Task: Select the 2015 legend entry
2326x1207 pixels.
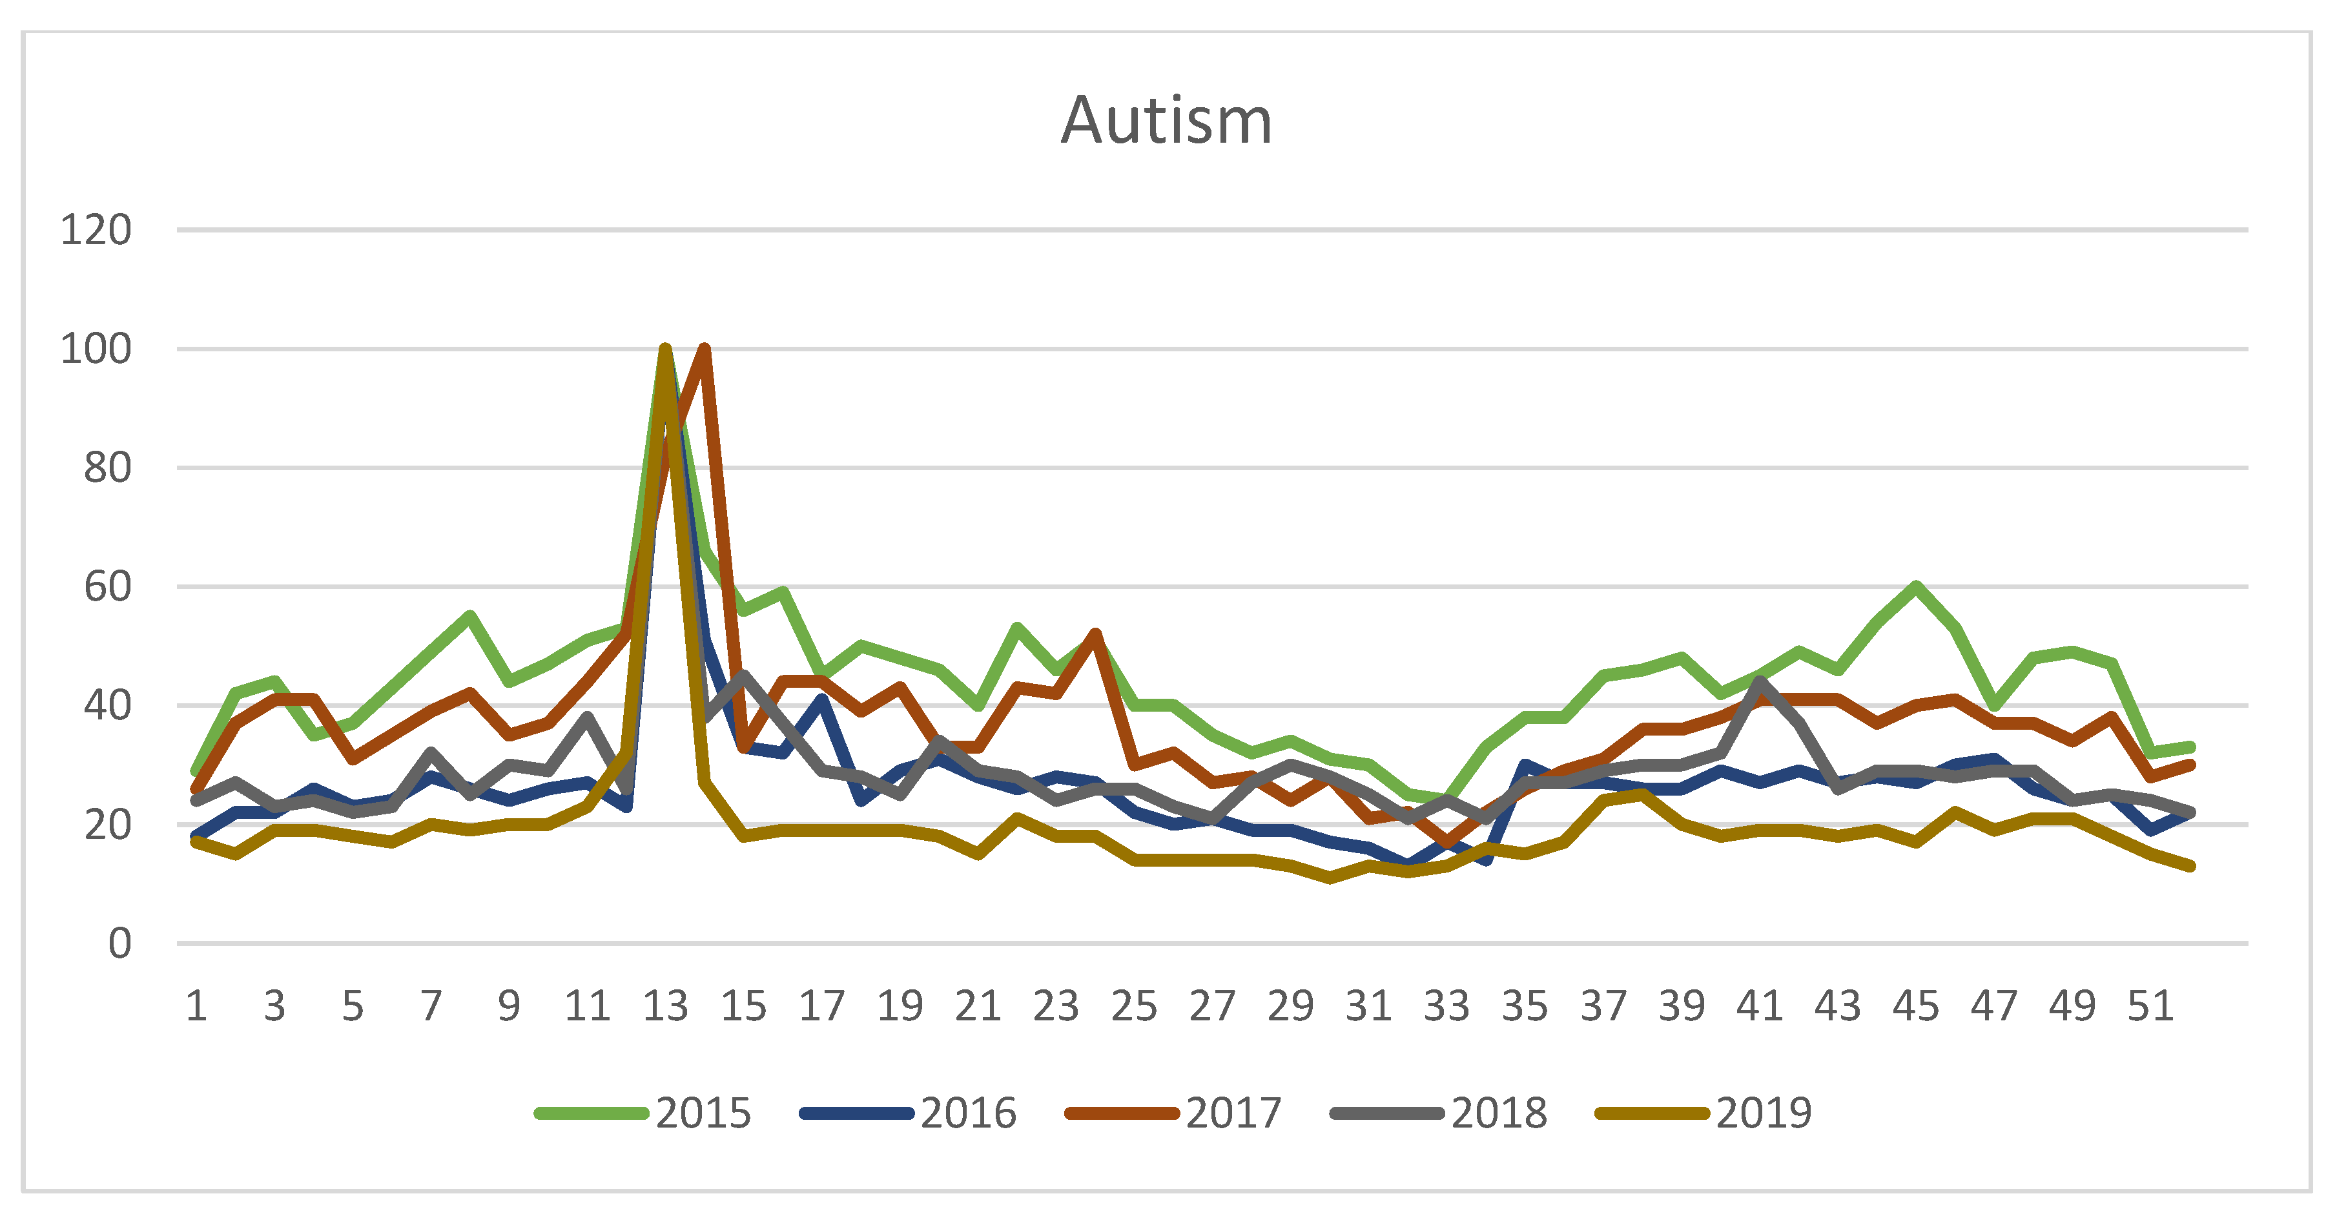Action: (643, 1112)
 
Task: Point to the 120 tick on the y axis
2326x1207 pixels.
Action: (96, 230)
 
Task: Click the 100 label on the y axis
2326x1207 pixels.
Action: (96, 349)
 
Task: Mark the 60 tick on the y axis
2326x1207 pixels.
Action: (107, 587)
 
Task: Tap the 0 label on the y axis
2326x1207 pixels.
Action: (119, 944)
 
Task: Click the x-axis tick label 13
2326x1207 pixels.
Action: (666, 1006)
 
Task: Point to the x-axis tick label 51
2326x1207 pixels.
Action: (2150, 1006)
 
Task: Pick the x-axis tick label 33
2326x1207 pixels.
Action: (1446, 1006)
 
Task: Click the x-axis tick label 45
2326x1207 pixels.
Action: (1916, 1006)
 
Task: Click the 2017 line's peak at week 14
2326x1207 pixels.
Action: (705, 349)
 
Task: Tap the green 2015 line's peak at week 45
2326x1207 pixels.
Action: (1916, 587)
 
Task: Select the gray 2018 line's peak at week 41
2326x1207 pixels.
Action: (1760, 681)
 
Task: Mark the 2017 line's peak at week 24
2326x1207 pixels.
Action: (1095, 634)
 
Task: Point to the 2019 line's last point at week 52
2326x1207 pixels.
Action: (2190, 867)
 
